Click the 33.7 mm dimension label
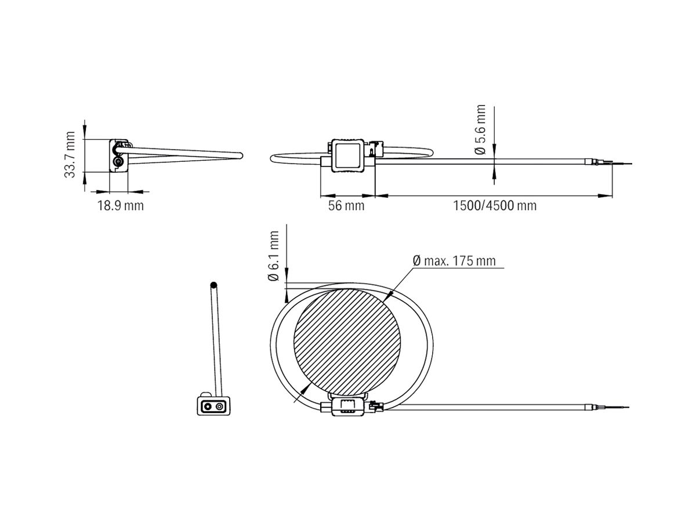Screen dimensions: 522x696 tap(70, 154)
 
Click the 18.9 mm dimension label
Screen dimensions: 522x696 tap(120, 206)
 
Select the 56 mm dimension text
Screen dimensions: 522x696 tap(346, 206)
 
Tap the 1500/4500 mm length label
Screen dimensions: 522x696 tap(494, 206)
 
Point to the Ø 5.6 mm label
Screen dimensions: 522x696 tap(480, 130)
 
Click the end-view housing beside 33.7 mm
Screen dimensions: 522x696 tap(118, 155)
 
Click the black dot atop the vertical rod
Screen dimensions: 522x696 tap(214, 285)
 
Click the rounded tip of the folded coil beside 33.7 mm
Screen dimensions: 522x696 tap(240, 155)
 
